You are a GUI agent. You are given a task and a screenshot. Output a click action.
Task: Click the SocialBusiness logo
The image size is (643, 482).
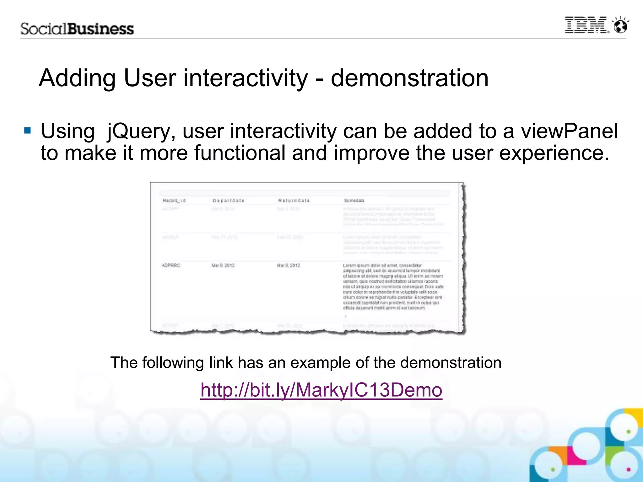[77, 29]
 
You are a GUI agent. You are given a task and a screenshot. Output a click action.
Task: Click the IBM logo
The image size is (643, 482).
[586, 25]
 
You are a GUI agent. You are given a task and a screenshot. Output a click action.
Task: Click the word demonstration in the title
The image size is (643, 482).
[409, 78]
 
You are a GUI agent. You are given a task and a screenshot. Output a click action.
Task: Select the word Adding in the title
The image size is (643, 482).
[77, 78]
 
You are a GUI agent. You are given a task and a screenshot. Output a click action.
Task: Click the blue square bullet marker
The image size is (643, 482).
[28, 130]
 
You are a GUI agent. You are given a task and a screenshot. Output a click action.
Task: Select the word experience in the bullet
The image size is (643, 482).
[554, 153]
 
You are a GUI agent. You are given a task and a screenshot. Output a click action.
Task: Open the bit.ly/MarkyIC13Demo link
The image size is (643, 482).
[321, 390]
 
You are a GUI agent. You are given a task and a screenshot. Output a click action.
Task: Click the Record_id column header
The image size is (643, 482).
[174, 201]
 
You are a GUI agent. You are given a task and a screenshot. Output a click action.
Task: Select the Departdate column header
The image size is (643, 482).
[228, 201]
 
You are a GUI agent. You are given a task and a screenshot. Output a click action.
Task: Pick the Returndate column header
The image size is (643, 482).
[294, 201]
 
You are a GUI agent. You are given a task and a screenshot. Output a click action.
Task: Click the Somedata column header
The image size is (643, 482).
[354, 201]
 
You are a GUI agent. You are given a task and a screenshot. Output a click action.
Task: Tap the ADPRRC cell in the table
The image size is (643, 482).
[171, 265]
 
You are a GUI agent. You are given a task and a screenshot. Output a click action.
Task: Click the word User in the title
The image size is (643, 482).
[150, 78]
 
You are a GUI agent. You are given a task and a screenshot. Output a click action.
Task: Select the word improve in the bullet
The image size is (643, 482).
[372, 153]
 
